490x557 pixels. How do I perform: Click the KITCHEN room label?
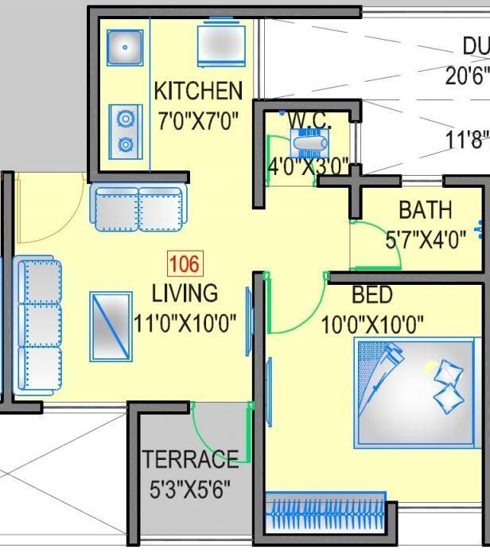coord(197,89)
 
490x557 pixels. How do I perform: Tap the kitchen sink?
coord(125,47)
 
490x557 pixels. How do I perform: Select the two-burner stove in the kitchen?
coord(125,132)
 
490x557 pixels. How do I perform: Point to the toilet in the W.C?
coord(308,146)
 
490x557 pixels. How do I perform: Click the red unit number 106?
coord(185,264)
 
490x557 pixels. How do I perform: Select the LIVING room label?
coord(185,293)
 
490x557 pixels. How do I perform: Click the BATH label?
coord(425,210)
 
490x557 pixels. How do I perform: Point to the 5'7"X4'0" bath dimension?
coord(426,240)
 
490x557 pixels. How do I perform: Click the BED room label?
coord(371,295)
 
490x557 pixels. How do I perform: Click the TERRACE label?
coord(190,459)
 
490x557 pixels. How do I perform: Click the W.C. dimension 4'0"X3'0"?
coord(308,167)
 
